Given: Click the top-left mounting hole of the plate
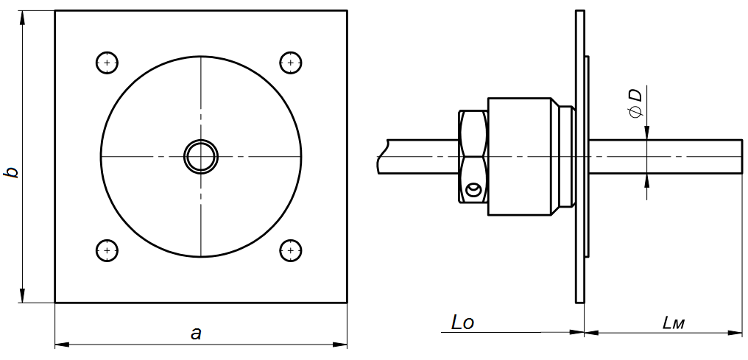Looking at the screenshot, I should coord(107,63).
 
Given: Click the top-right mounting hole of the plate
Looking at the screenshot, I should coord(292,63).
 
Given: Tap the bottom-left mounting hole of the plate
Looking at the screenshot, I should coord(107,250).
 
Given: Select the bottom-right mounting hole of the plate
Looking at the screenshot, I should coord(292,250).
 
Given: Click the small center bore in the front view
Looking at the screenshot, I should coord(201,157).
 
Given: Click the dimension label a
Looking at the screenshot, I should coord(196,333).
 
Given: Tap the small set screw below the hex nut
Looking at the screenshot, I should coord(473,191).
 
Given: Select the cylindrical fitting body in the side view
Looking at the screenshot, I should coord(519,157).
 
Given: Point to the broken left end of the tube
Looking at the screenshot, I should coord(381,157).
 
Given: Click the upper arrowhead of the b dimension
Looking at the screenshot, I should coord(23,18).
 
